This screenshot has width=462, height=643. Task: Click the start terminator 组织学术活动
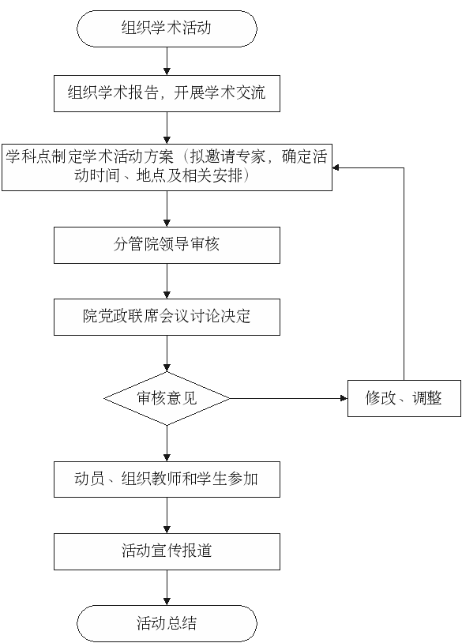[167, 28]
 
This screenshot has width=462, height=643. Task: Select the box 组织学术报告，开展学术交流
[167, 93]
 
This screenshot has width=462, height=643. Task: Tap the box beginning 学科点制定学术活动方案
[167, 167]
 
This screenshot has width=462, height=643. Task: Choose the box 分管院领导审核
[167, 245]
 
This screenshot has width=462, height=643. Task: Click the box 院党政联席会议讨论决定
[167, 317]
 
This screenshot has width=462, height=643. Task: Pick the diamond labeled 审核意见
[167, 398]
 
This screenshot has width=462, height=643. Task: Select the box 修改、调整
[404, 399]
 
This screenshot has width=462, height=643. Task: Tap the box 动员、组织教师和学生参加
[167, 479]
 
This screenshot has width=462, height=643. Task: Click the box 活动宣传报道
[167, 551]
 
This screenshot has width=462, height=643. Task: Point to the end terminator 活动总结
[167, 623]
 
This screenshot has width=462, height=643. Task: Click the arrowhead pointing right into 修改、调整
[344, 398]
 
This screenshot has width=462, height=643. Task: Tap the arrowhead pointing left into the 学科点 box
[336, 167]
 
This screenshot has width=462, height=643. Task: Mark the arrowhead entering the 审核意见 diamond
[167, 368]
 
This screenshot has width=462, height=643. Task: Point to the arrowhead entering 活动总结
[167, 602]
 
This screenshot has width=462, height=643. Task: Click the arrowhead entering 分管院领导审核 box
[167, 224]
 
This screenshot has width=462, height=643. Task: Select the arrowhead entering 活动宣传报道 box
[167, 530]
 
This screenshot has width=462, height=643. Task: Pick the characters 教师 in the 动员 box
[166, 479]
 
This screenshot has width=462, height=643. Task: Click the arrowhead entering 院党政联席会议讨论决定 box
[167, 295]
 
